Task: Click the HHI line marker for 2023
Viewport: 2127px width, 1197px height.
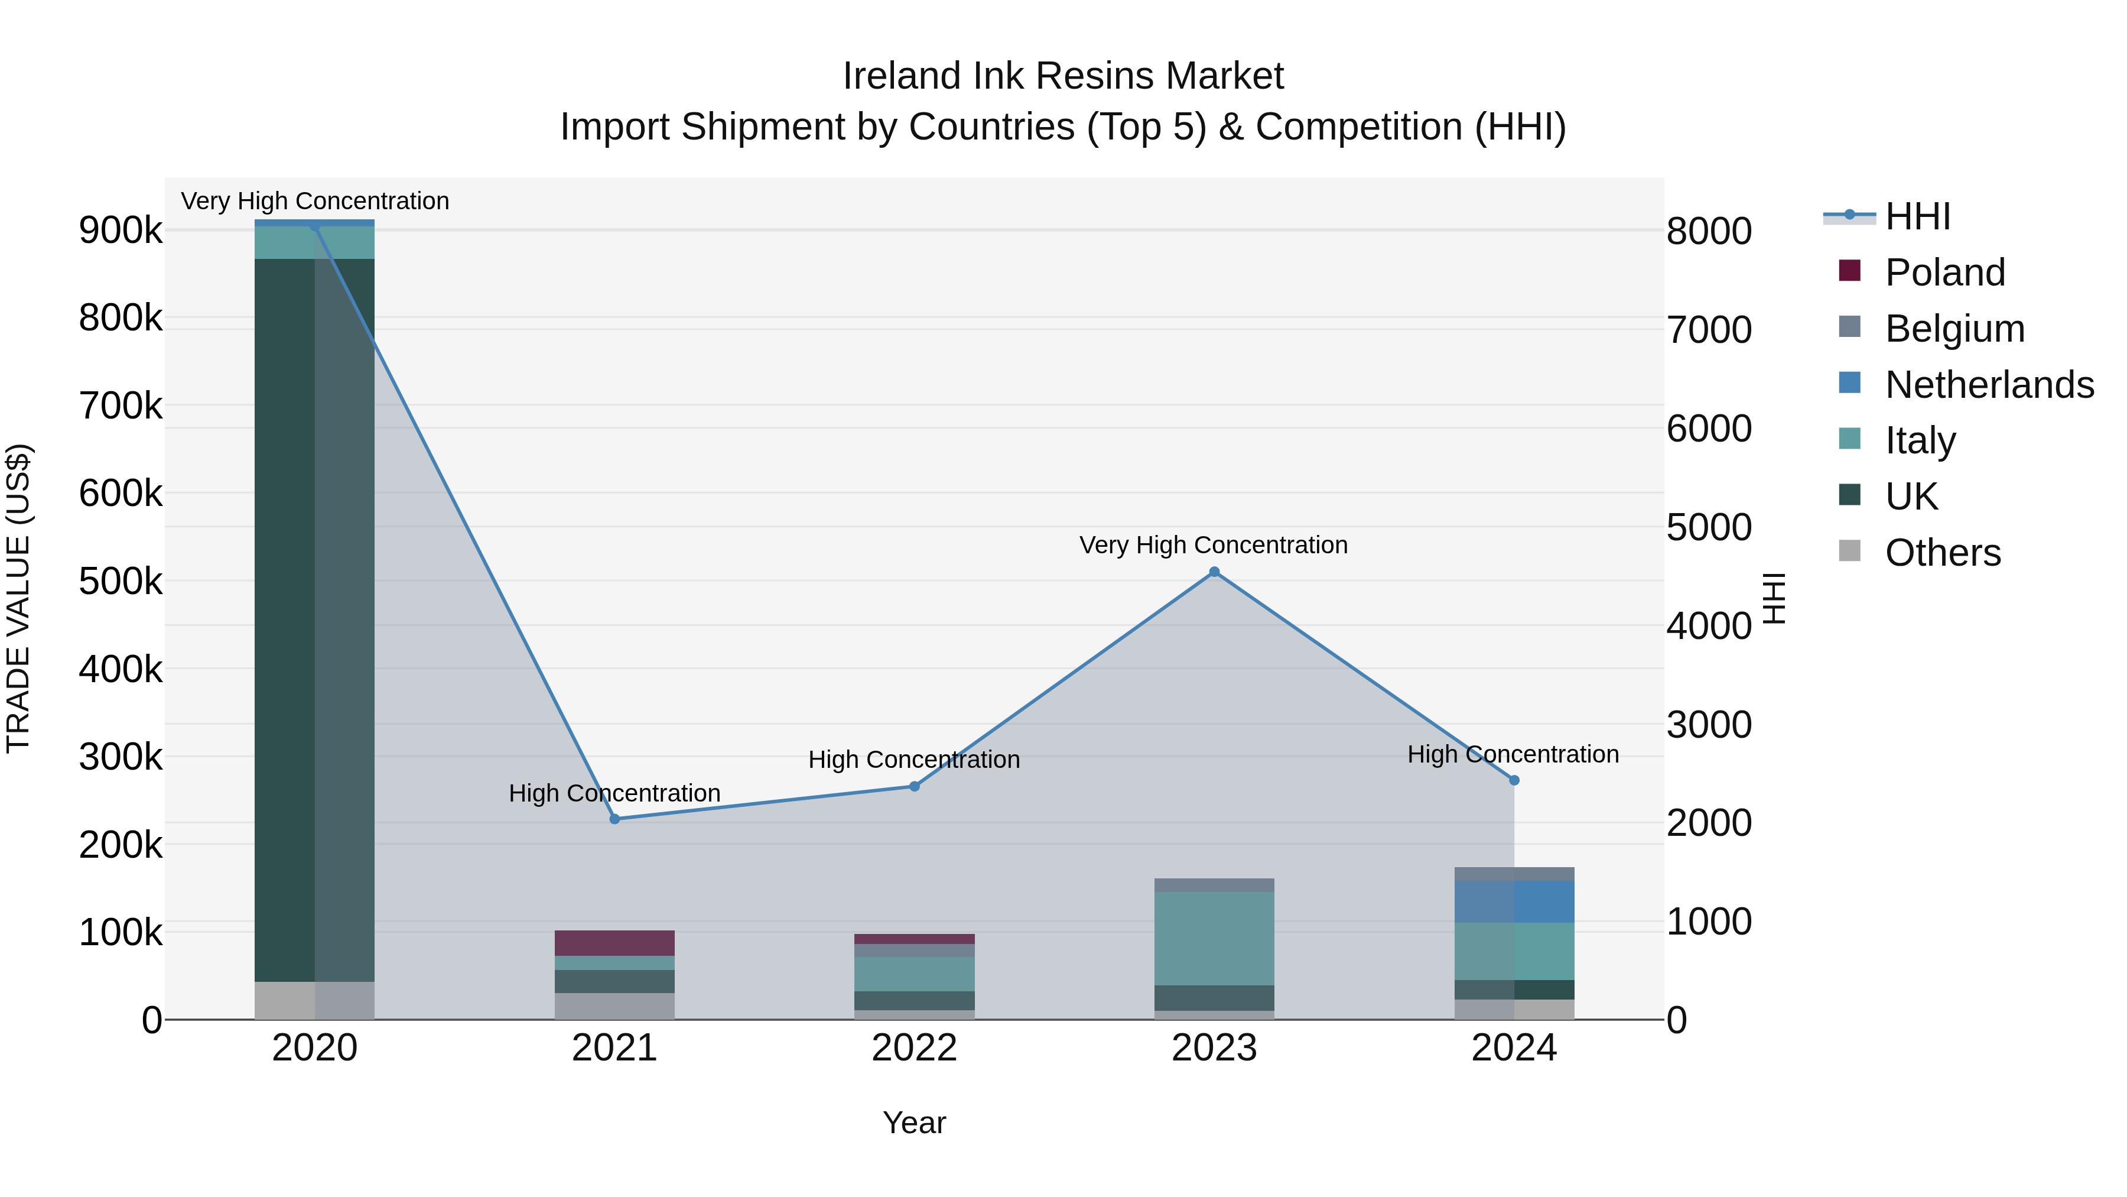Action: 1214,572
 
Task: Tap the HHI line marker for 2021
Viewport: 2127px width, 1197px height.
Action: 614,819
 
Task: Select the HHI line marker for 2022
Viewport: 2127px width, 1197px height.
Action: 914,786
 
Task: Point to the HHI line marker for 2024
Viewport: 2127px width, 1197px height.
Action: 1514,780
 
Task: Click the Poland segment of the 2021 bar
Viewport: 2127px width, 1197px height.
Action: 614,943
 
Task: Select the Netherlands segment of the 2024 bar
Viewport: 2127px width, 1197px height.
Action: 1514,901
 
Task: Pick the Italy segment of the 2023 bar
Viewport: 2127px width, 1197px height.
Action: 1214,939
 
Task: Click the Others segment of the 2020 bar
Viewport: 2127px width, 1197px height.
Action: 314,1000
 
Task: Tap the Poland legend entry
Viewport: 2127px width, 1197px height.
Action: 1944,273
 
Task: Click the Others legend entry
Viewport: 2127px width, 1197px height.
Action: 1942,553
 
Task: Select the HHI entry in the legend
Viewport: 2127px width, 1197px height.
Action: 1917,216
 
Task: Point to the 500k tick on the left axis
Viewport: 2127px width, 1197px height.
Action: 121,582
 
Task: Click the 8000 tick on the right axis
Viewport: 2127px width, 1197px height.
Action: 1708,231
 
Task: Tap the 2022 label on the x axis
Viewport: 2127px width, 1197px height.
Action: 914,1048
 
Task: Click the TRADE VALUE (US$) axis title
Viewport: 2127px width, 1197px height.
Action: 18,598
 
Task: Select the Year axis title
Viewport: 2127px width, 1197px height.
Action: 914,1123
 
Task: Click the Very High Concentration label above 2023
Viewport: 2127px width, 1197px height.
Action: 1213,545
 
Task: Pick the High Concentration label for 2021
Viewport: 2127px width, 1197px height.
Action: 614,793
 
